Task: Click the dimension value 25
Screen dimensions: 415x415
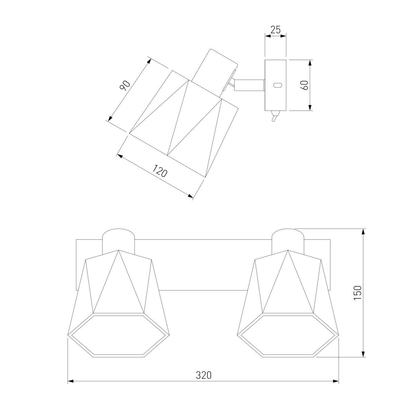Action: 275,30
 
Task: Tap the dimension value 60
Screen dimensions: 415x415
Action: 305,85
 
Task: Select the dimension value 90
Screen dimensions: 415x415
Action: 125,85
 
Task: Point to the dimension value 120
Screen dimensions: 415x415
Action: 160,170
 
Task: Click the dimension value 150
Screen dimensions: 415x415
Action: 357,293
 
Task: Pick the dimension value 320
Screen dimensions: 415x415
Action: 203,375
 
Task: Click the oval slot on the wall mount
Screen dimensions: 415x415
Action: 277,85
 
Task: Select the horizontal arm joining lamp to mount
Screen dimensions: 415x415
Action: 249,85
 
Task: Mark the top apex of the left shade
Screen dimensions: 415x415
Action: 119,250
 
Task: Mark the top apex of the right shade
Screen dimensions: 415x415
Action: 288,250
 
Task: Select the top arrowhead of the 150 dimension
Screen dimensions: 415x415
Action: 363,232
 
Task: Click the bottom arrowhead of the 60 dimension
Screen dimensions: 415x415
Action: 310,108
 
